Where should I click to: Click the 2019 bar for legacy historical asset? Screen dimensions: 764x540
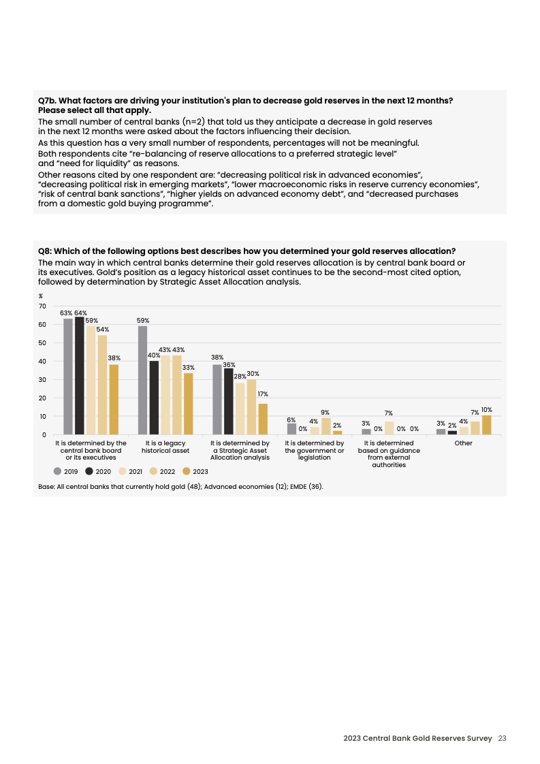(x=142, y=380)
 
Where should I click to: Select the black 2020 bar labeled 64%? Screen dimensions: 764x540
(x=80, y=375)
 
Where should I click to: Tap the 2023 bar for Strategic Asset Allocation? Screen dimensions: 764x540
(x=263, y=419)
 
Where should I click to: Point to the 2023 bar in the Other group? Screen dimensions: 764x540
(x=486, y=425)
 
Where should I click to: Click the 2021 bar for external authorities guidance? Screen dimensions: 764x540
(x=389, y=428)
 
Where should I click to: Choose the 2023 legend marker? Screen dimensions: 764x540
(x=187, y=471)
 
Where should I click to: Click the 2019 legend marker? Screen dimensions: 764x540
(x=58, y=471)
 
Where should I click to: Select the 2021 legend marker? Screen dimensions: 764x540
(x=123, y=471)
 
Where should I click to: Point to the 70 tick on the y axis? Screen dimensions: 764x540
(x=42, y=306)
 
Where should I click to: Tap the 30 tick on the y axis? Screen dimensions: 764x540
(x=42, y=379)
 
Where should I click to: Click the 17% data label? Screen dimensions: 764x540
(x=263, y=394)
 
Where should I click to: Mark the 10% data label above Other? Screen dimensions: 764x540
(x=486, y=410)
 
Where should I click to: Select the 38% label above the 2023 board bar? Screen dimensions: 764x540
(x=114, y=357)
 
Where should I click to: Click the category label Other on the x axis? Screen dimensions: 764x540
(x=463, y=443)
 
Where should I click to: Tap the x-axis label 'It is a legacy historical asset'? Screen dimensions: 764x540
(x=165, y=447)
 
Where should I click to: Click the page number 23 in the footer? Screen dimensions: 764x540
(x=503, y=738)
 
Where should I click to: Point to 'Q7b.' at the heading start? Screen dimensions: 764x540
(x=47, y=101)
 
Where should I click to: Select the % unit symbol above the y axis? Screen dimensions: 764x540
(x=41, y=296)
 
